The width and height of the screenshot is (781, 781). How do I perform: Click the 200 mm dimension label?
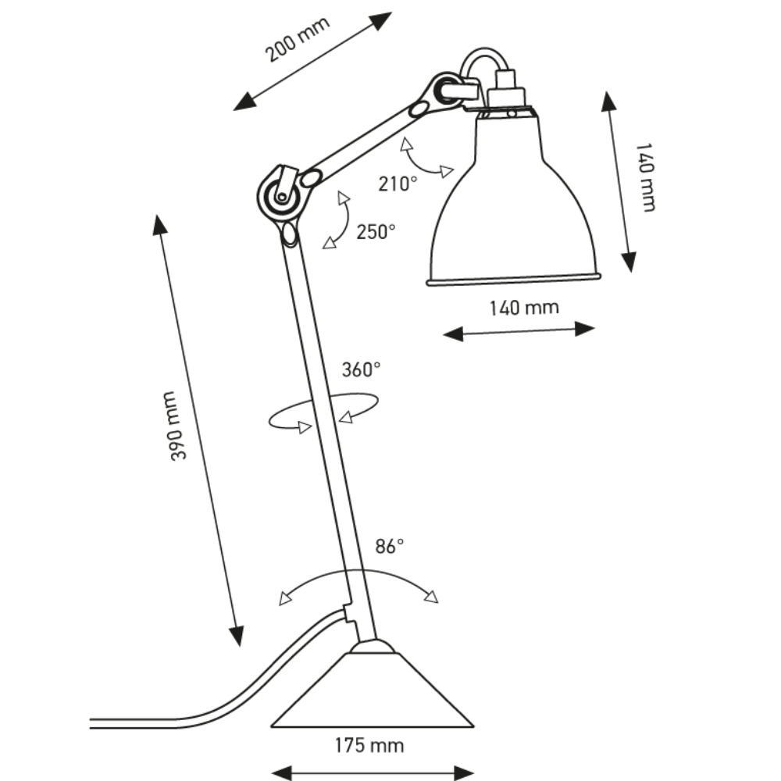coord(297,39)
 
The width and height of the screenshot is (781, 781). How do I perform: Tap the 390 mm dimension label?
coord(179,426)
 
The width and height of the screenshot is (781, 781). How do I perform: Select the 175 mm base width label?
coord(371,745)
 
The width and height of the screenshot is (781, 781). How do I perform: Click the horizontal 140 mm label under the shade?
coord(524,307)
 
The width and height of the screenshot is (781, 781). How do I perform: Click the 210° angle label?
coord(398,184)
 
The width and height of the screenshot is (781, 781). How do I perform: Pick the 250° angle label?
coord(376,231)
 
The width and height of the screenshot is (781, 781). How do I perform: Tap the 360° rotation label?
coord(361,369)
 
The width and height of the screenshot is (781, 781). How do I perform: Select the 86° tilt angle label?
coord(388,547)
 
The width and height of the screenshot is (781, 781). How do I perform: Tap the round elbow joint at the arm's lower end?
coord(277,195)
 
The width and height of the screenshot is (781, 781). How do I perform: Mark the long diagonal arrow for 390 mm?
coord(199,430)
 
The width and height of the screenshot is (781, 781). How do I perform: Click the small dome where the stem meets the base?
coord(373,647)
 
